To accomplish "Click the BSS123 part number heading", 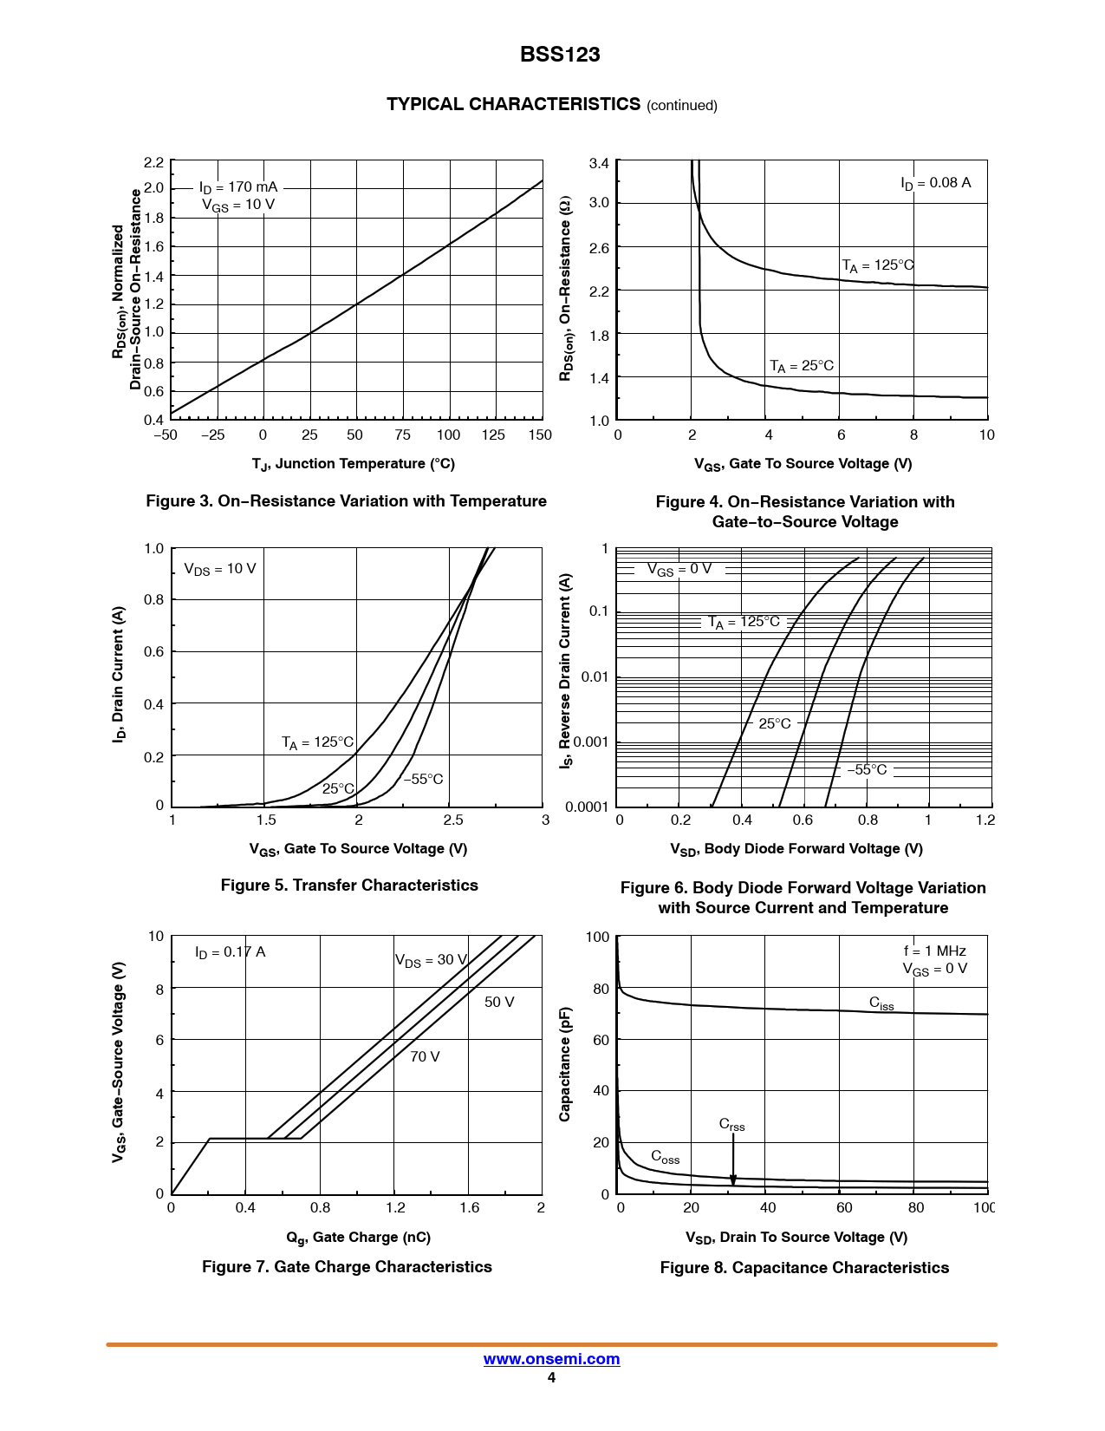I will (x=560, y=55).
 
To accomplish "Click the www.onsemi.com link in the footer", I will (x=551, y=1359).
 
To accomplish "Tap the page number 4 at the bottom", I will (x=551, y=1378).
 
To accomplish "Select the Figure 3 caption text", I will (x=346, y=501).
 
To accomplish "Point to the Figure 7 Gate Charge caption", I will (x=347, y=1267).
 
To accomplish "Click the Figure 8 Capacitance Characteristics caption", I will (x=804, y=1268).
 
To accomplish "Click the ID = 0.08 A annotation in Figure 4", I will (x=935, y=183).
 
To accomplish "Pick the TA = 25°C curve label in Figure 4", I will (x=802, y=366).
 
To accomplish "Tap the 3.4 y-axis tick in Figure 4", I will (x=599, y=163).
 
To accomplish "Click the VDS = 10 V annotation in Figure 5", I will (x=220, y=569).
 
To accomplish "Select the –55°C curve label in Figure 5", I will (x=423, y=779).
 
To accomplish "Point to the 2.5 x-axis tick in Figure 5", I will (x=452, y=820).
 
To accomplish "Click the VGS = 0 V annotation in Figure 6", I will (x=679, y=569).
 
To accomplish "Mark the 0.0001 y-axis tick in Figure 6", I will (x=587, y=807).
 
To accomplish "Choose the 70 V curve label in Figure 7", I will (x=425, y=1056).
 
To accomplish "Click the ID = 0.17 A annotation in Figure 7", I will (x=230, y=952).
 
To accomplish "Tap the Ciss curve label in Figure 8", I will (x=881, y=1003).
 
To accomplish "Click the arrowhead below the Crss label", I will (x=733, y=1179).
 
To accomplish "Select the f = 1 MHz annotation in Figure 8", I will (x=934, y=951).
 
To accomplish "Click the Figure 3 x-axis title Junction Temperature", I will (x=354, y=464).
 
